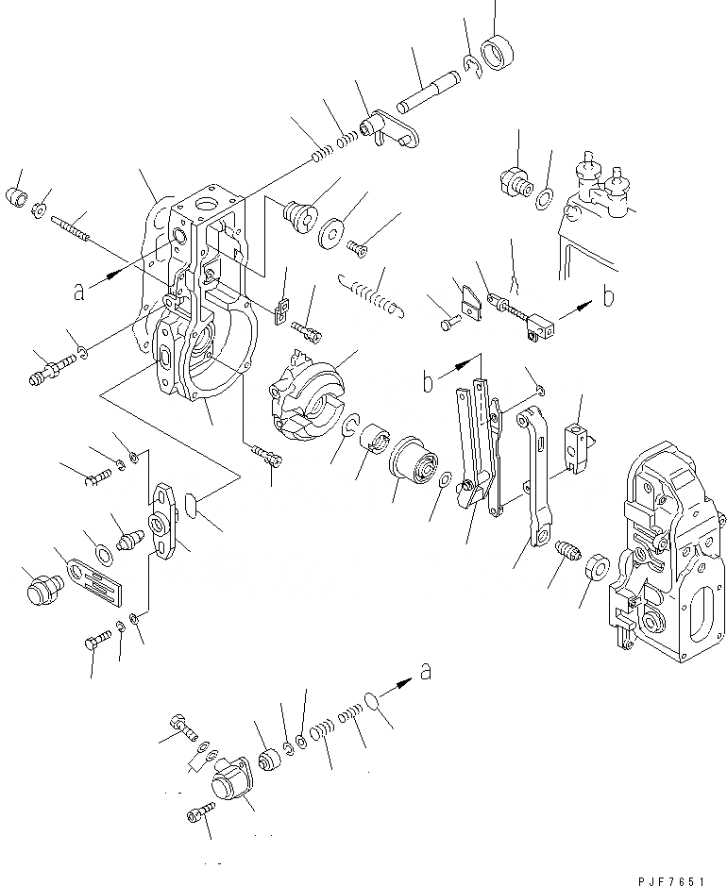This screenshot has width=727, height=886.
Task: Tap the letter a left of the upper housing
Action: [79, 292]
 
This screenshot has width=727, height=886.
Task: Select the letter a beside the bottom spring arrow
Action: [426, 671]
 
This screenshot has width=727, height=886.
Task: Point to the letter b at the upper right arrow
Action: [610, 297]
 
